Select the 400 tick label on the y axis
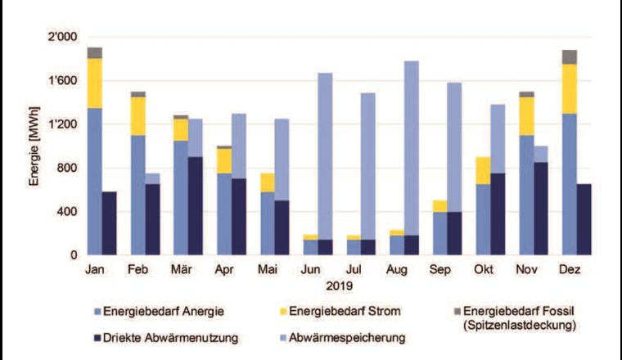[65, 212]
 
